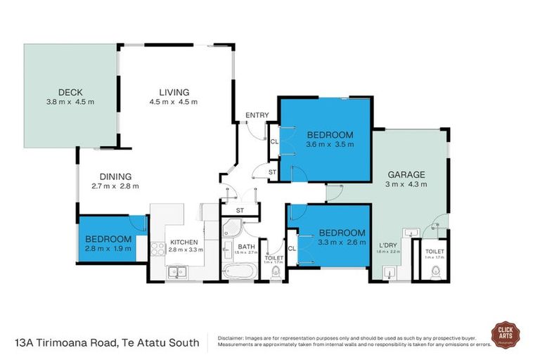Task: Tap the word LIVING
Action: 174,92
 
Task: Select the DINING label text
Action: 115,176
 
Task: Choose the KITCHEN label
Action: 186,242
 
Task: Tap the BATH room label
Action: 246,246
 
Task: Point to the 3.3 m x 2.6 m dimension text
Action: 342,243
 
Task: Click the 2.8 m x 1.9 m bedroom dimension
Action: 109,247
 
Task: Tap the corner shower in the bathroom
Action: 230,226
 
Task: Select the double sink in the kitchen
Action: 177,272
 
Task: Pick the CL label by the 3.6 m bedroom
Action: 274,141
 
